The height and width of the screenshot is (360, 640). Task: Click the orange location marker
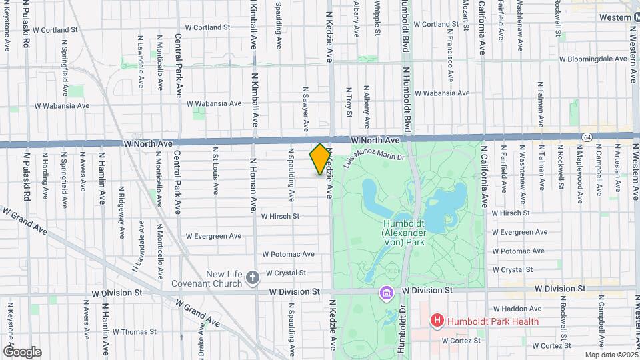(320, 159)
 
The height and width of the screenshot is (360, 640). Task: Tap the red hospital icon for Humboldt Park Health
(437, 321)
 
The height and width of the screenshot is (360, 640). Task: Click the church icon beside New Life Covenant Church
(253, 277)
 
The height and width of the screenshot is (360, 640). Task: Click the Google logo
(22, 351)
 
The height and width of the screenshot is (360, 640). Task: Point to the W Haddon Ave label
(517, 309)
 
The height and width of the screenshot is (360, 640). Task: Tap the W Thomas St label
(134, 331)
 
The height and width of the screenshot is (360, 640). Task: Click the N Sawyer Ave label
(305, 107)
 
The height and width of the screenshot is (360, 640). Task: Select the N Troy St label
(348, 102)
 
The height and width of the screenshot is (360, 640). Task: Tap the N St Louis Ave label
(215, 171)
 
